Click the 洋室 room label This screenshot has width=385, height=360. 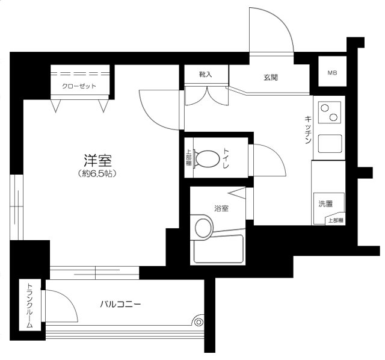(x=98, y=161)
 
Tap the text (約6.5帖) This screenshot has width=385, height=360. (x=98, y=174)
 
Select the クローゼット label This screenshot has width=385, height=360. (x=79, y=86)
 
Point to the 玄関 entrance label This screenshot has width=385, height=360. (x=270, y=78)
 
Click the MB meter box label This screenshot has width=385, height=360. (x=332, y=73)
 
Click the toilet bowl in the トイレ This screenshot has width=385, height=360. (x=208, y=159)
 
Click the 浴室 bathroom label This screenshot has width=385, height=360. (x=221, y=209)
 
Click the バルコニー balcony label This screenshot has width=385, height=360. (x=120, y=305)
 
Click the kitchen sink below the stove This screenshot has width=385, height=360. (x=330, y=144)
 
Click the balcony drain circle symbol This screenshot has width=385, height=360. (x=199, y=321)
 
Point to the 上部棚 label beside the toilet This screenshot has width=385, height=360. (x=188, y=158)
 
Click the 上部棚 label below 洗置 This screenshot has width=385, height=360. (x=336, y=220)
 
